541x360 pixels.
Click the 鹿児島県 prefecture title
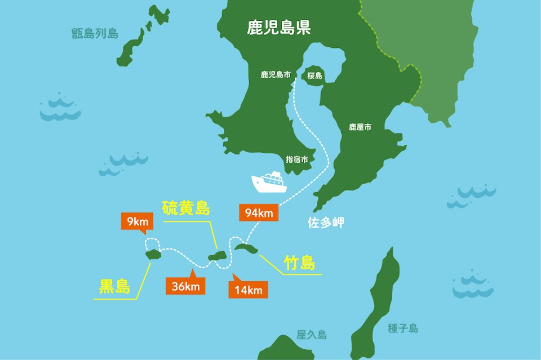pos(278,28)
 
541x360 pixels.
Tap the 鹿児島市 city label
pos(276,74)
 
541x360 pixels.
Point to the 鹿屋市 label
pos(360,127)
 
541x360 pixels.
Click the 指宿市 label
pos(297,159)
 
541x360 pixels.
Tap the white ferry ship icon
pos(269,182)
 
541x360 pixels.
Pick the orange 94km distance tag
pos(259,213)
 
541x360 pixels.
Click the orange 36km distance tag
pos(185,286)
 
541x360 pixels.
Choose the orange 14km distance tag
pos(248,290)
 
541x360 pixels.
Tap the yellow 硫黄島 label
pos(186,208)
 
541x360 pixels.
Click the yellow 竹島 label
pos(299,263)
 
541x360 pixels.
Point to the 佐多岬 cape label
pos(326,223)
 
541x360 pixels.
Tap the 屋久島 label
pos(312,335)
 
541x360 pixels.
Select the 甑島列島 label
pos(95,33)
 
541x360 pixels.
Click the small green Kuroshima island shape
pos(153,255)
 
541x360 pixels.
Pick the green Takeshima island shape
pos(247,247)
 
